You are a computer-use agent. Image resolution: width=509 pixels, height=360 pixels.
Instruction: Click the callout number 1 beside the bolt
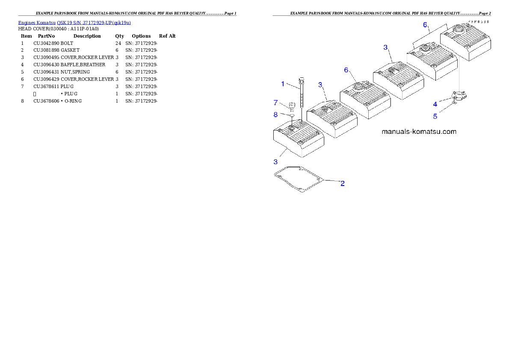point(282,84)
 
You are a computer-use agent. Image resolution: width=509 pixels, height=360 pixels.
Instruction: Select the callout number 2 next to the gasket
point(342,184)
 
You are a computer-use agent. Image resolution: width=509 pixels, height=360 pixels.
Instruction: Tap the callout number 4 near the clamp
point(435,104)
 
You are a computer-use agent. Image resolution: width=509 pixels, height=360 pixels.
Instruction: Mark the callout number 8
point(275,115)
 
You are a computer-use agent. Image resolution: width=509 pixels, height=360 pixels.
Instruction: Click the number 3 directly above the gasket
point(275,162)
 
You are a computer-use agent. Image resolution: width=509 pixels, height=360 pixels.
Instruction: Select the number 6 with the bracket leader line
point(425,25)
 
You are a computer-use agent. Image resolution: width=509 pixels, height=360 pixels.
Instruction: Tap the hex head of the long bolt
point(301,80)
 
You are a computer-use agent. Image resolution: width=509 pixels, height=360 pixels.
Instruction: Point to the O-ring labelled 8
point(291,115)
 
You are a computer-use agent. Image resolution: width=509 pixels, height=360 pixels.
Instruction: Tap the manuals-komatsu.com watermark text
point(419,132)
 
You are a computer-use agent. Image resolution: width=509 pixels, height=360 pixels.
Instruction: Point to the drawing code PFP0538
point(478,21)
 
